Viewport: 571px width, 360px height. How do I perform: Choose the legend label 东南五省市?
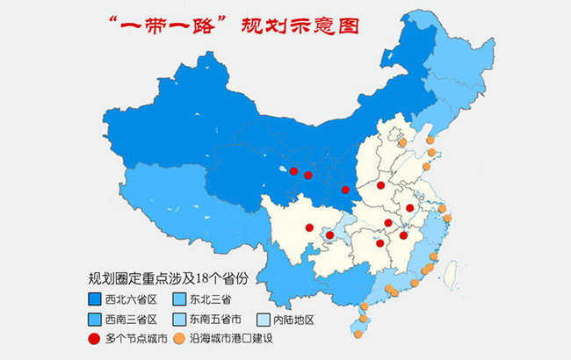point(223,319)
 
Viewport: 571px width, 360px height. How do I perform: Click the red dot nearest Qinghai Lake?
point(293,171)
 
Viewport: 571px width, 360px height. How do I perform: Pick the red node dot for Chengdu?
point(309,227)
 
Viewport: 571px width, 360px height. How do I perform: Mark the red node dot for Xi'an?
point(345,190)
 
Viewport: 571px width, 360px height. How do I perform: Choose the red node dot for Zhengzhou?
point(380,185)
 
